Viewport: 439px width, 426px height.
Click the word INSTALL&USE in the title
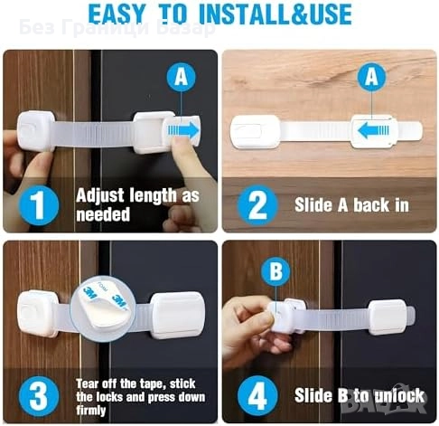pos(275,14)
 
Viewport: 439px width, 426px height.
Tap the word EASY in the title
pos(117,14)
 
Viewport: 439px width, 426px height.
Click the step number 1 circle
pos(39,205)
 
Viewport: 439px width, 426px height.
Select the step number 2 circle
pos(257,205)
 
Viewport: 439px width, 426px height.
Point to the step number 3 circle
pos(39,396)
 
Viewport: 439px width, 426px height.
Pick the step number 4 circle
pos(257,395)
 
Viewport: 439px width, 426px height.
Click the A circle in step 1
pos(181,77)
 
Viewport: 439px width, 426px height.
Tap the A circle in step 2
pos(371,77)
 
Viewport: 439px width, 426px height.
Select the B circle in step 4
pos(276,271)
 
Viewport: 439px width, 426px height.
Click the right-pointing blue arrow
pos(183,130)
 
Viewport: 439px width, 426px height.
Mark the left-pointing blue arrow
pos(373,131)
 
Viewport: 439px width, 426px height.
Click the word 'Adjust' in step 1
pos(100,196)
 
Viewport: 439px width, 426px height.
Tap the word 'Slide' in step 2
pos(313,205)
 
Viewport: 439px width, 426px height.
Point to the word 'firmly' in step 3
pos(91,411)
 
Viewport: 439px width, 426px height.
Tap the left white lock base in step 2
pos(256,132)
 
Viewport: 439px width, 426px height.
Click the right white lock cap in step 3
pos(178,314)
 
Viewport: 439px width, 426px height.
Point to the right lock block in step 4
pos(388,317)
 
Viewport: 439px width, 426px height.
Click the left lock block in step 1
pos(36,131)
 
